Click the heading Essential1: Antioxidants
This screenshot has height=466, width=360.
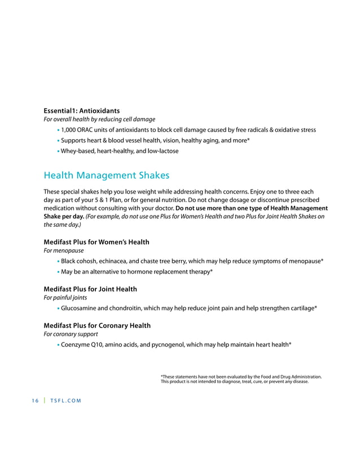[x=81, y=110]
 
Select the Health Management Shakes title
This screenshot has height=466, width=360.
[x=106, y=175]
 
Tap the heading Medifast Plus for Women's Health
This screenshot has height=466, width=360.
[x=96, y=242]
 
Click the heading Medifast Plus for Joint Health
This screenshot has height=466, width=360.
[x=90, y=289]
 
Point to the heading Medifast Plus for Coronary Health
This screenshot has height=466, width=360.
[x=96, y=326]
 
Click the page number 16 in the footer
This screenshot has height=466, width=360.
[x=35, y=401]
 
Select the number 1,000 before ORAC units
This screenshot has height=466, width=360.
[x=71, y=130]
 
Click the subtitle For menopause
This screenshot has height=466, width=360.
[x=64, y=251]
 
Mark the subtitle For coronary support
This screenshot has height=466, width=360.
[x=71, y=335]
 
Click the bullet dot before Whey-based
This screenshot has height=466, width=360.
[x=58, y=151]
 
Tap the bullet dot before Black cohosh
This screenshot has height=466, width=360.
[x=58, y=261]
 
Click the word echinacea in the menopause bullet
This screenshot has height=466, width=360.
[x=118, y=261]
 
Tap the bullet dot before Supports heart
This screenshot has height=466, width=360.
[x=58, y=140]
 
